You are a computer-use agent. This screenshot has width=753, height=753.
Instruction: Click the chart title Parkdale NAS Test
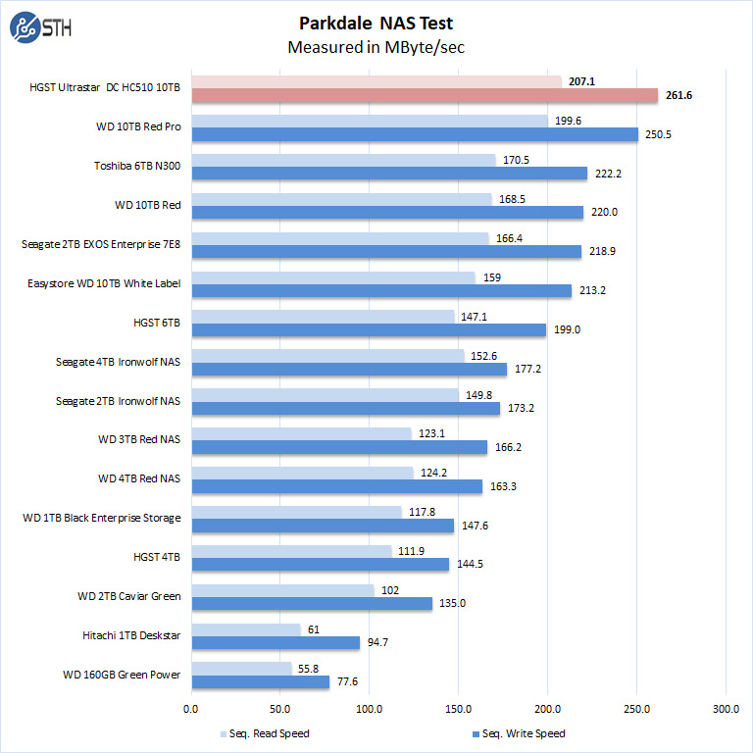[x=376, y=24]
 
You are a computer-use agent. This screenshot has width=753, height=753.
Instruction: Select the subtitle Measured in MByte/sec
[x=376, y=47]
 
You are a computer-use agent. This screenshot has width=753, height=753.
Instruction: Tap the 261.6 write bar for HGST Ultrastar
[x=424, y=95]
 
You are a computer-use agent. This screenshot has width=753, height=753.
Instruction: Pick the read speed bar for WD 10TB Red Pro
[x=369, y=121]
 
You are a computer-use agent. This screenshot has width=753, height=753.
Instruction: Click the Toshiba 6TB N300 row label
[x=137, y=167]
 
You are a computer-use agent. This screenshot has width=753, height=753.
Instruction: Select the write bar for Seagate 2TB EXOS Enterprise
[x=385, y=252]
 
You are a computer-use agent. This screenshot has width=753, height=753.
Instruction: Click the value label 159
[x=492, y=277]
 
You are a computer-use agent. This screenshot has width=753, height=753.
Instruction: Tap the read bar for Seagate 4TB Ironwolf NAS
[x=327, y=356]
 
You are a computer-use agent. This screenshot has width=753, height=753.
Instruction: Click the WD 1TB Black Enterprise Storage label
[x=102, y=517]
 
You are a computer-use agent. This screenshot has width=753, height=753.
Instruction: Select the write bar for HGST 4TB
[x=320, y=565]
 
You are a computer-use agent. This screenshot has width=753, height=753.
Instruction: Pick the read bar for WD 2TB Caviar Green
[x=282, y=591]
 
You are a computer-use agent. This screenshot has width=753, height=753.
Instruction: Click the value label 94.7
[x=378, y=643]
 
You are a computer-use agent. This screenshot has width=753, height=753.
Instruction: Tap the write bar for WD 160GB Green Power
[x=260, y=682]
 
